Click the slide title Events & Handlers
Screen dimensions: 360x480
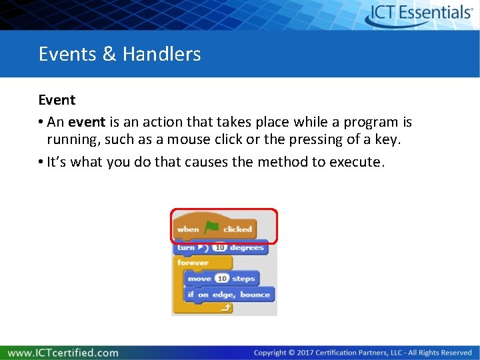point(119,54)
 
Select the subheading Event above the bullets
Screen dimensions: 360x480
point(57,100)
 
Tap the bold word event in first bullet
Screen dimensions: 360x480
point(86,123)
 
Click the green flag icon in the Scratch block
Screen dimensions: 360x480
point(211,228)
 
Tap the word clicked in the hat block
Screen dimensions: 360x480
point(237,229)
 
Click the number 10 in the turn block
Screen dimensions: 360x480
point(219,248)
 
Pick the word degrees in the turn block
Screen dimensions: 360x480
point(247,248)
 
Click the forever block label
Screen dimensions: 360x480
point(193,263)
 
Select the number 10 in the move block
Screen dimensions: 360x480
point(221,279)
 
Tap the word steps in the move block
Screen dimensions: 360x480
point(243,279)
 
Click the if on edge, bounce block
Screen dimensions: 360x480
point(228,295)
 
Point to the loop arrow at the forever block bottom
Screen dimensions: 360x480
point(225,307)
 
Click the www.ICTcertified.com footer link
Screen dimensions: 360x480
point(63,353)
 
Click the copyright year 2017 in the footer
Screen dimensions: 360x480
point(305,353)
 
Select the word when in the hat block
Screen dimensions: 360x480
point(188,229)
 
